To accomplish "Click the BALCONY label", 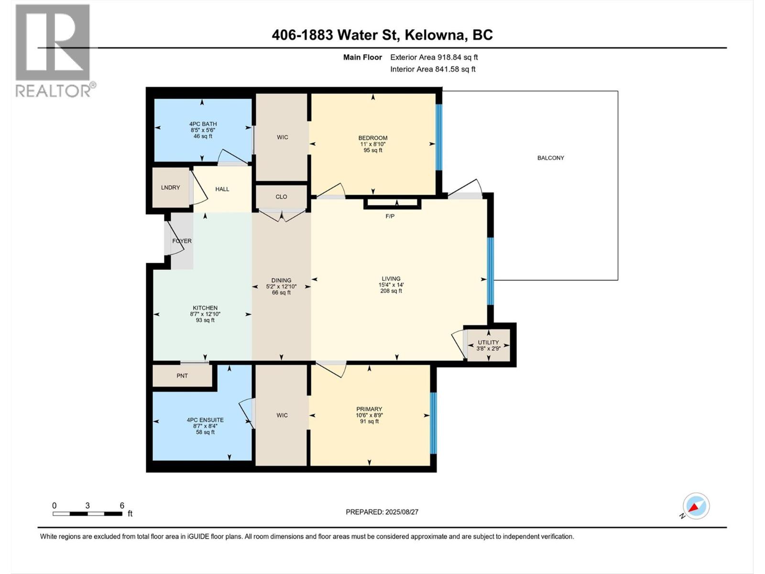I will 550,158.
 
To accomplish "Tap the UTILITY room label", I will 488,342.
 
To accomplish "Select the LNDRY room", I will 170,188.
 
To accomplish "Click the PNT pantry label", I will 182,376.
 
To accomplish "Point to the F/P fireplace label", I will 390,216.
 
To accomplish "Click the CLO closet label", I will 281,197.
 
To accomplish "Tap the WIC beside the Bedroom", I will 283,137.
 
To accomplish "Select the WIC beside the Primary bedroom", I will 282,415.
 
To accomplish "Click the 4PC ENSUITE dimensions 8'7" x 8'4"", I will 205,426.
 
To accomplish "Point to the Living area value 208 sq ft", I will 391,291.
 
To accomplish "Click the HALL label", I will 222,189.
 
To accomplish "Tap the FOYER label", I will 182,241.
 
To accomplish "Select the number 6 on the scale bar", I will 122,506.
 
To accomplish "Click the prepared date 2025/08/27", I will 401,512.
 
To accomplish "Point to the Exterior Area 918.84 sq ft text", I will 434,57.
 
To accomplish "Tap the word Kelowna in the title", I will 436,35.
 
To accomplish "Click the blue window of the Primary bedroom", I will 433,423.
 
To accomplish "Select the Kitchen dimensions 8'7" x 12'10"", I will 205,314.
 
